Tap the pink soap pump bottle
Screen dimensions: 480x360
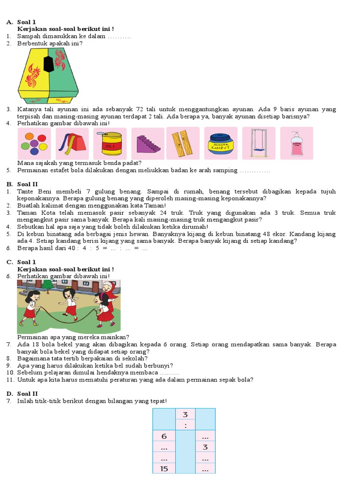296,143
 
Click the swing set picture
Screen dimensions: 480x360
259,143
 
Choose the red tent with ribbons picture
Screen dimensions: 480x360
72,143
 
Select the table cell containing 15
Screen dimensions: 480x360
164,468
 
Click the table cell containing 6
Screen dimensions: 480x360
164,436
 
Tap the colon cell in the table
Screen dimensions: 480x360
185,425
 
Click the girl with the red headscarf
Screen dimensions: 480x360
108,293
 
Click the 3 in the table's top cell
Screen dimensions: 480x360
185,414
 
